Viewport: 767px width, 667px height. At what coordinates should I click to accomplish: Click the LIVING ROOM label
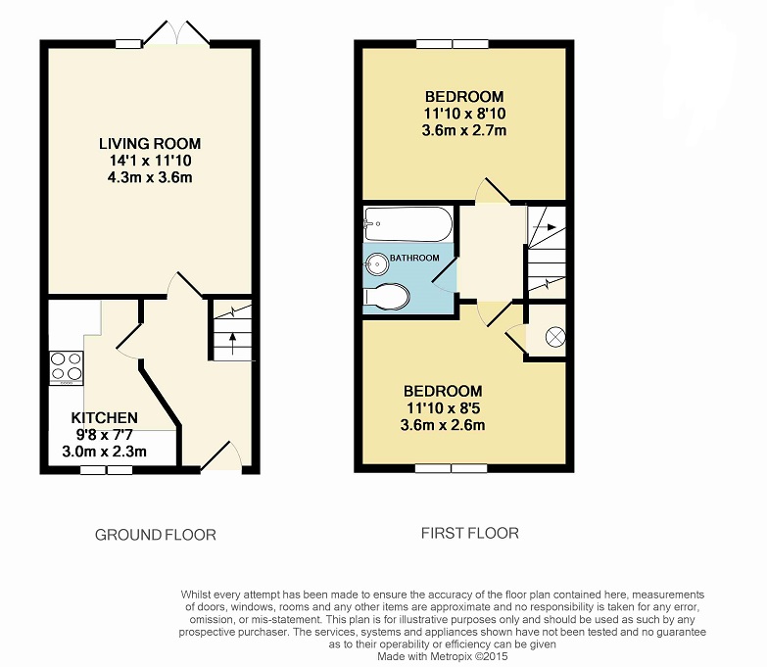click(150, 144)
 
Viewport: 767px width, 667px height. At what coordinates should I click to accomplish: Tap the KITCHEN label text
click(104, 417)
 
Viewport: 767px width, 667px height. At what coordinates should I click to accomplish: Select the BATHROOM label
click(414, 258)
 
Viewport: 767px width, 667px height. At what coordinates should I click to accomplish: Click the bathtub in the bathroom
click(407, 224)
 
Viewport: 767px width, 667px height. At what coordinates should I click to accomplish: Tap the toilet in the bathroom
click(386, 297)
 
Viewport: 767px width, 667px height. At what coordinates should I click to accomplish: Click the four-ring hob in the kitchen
click(66, 366)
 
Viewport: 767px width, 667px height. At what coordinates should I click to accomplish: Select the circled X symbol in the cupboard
click(554, 336)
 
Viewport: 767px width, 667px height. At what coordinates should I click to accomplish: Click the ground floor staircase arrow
click(231, 343)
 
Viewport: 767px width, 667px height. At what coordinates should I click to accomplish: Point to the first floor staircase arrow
click(546, 227)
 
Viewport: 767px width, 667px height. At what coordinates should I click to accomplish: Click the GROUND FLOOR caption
click(156, 535)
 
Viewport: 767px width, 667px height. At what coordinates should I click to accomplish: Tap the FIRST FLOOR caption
click(469, 533)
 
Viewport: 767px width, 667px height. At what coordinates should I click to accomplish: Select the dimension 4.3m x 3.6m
click(150, 177)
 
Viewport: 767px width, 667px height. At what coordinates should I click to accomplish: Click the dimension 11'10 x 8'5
click(443, 407)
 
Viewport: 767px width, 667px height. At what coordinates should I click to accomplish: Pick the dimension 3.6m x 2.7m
click(463, 130)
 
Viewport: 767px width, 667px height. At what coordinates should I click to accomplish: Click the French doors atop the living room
click(176, 33)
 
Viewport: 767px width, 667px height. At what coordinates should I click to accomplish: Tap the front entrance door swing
click(221, 456)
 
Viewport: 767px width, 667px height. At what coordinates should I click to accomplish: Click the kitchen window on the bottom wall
click(106, 470)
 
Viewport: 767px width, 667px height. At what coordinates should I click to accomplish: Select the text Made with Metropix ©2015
click(442, 656)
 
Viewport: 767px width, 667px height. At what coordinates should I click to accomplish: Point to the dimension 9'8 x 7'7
click(104, 434)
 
